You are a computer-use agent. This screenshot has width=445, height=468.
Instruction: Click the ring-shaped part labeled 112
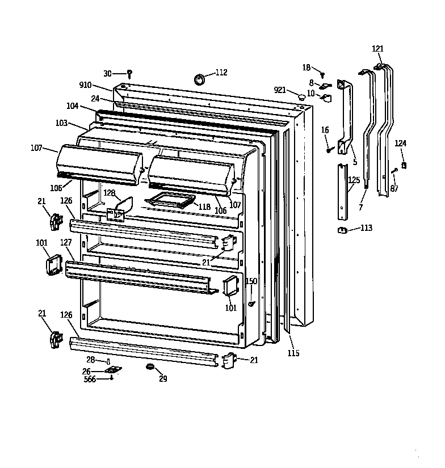(x=200, y=78)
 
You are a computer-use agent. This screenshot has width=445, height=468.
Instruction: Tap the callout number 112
(x=221, y=72)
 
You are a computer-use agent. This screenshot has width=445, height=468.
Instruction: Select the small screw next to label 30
(x=129, y=73)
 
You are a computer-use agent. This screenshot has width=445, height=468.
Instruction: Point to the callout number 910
(x=85, y=85)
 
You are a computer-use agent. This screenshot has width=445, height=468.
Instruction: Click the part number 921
(x=280, y=90)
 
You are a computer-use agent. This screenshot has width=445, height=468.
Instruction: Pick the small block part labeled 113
(x=342, y=229)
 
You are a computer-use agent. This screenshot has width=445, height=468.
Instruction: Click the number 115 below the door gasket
(x=293, y=353)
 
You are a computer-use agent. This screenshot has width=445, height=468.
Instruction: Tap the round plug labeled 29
(x=150, y=368)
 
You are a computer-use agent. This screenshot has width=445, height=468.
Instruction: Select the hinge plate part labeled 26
(x=114, y=370)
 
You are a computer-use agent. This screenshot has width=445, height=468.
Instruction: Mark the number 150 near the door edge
(x=251, y=281)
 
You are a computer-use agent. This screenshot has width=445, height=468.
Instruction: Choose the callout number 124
(x=401, y=144)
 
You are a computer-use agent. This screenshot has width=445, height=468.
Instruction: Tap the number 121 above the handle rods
(x=378, y=49)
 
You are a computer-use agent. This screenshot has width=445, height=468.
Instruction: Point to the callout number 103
(x=62, y=123)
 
